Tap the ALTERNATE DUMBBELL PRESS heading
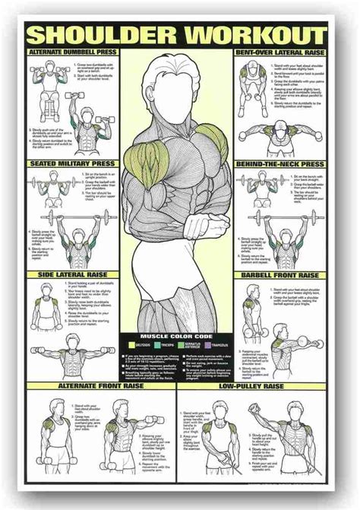pos(72,52)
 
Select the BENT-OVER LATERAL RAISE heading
pos(288,52)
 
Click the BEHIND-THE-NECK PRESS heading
pos(288,163)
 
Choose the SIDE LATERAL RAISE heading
pos(71,275)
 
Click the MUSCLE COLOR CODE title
pos(179,335)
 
